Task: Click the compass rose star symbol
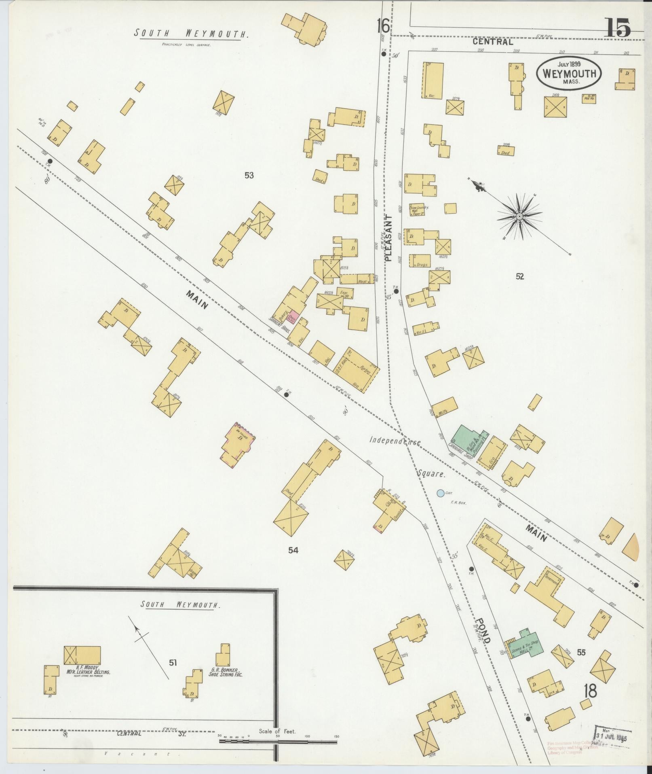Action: coord(519,216)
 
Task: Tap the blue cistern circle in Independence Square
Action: coord(440,493)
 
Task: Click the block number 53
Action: coord(249,175)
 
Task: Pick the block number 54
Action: coord(293,550)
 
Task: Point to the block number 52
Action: coord(520,276)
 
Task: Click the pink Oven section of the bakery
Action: coord(294,317)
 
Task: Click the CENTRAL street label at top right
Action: coord(493,41)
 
